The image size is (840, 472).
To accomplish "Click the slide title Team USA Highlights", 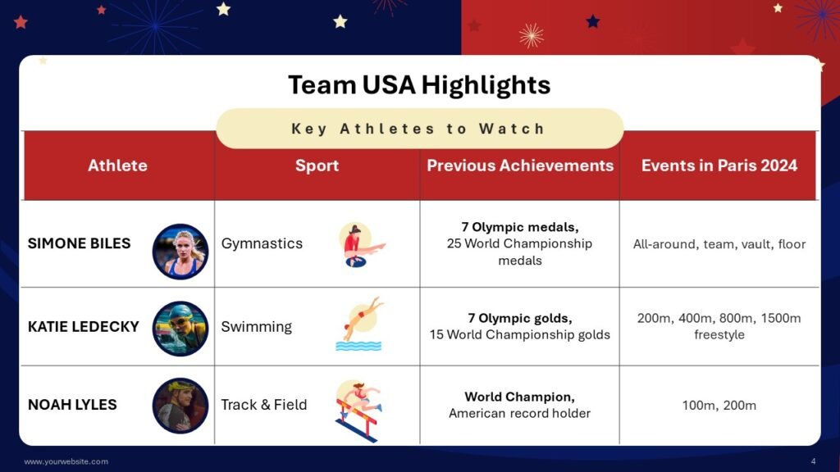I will coord(419,84).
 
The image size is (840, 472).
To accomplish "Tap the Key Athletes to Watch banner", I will coord(419,129).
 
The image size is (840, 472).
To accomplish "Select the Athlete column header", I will coord(117,166).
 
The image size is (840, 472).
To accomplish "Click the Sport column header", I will coord(317,166).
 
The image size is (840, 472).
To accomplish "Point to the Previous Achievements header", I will coord(520,166).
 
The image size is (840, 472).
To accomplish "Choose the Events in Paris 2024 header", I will coord(719,166).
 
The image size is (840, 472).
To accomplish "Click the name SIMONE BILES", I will coord(79,243).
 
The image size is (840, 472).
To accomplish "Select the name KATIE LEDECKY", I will coord(84,326).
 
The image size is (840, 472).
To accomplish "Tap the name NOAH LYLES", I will coord(72,405).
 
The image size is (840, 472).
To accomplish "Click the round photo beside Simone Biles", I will coord(180,251).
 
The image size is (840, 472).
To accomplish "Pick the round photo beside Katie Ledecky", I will coord(180,328).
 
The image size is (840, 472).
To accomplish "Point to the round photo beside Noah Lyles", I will coord(180,405).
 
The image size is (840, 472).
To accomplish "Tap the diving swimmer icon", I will coord(359,324).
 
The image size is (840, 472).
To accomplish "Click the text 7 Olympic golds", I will coord(519,318).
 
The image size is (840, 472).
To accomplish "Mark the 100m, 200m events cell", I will coord(719,405).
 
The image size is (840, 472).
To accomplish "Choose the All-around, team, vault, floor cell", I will coord(719,244).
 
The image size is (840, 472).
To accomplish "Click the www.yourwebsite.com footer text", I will coord(66,461).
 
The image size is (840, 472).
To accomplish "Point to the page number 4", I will coord(813,461).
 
